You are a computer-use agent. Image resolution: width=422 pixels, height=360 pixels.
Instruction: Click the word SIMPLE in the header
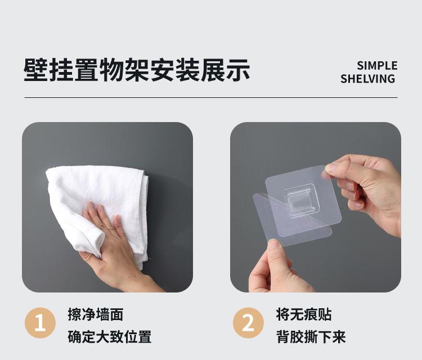click(x=377, y=66)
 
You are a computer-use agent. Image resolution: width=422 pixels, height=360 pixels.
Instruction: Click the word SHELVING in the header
click(x=367, y=79)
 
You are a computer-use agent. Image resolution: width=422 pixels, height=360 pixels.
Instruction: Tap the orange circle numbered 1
click(x=40, y=323)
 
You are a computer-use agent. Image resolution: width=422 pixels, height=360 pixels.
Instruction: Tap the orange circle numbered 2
click(x=248, y=323)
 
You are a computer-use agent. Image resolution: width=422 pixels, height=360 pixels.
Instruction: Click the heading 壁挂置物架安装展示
click(x=137, y=70)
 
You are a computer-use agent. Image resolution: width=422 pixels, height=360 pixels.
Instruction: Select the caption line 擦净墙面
click(x=96, y=314)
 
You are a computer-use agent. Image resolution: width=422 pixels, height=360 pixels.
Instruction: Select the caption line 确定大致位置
click(x=110, y=336)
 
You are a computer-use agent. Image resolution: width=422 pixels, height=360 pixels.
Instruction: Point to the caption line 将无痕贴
click(x=304, y=314)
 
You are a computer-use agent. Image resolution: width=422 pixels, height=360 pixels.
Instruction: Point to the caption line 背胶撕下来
click(x=311, y=336)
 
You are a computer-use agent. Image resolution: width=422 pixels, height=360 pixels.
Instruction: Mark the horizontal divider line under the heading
click(x=211, y=97)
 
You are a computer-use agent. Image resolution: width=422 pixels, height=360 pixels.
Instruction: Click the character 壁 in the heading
click(x=36, y=70)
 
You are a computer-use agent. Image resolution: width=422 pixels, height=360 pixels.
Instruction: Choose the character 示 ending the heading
click(x=238, y=70)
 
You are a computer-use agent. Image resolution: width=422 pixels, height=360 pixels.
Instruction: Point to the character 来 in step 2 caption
click(x=339, y=336)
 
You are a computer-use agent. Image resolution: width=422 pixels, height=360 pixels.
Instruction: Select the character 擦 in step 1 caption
click(x=74, y=314)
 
